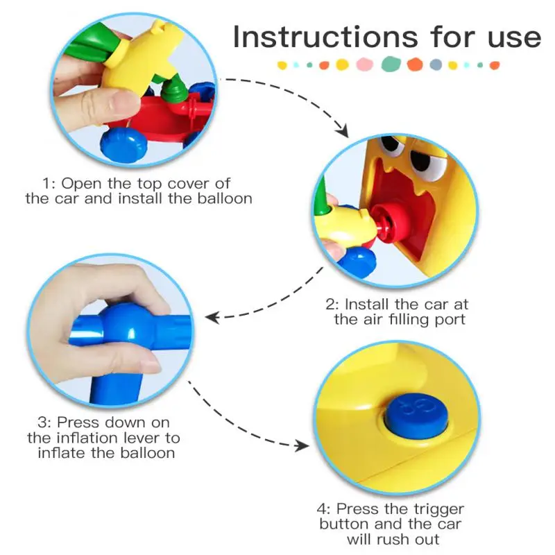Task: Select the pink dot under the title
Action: click(x=364, y=65)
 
